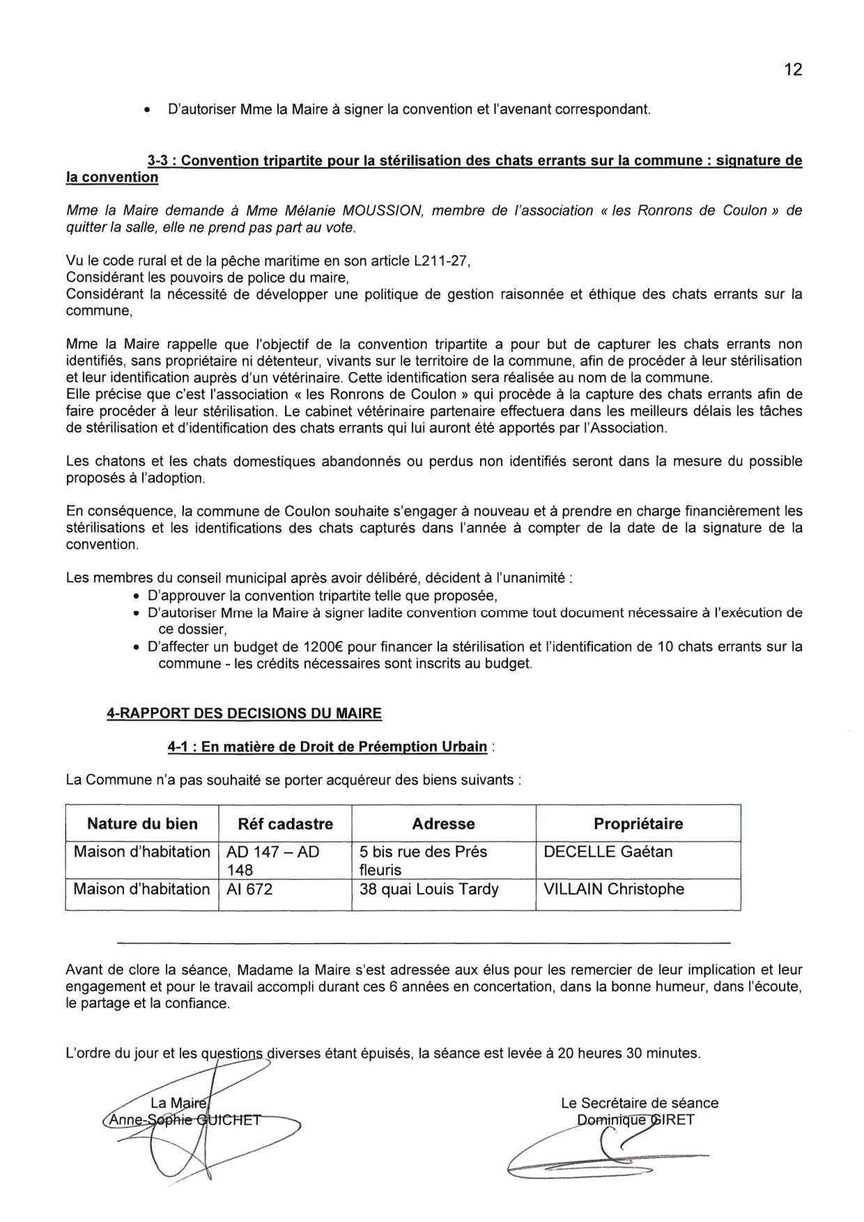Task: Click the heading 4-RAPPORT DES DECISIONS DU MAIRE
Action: [244, 713]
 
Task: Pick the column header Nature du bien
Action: [142, 824]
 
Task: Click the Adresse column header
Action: [443, 824]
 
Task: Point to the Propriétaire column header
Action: [638, 824]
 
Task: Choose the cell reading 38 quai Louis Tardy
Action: [429, 889]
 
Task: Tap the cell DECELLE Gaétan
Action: [608, 851]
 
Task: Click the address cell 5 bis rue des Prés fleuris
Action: [423, 860]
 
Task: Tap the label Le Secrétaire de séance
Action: [639, 1103]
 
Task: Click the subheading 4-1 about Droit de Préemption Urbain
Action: [327, 747]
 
